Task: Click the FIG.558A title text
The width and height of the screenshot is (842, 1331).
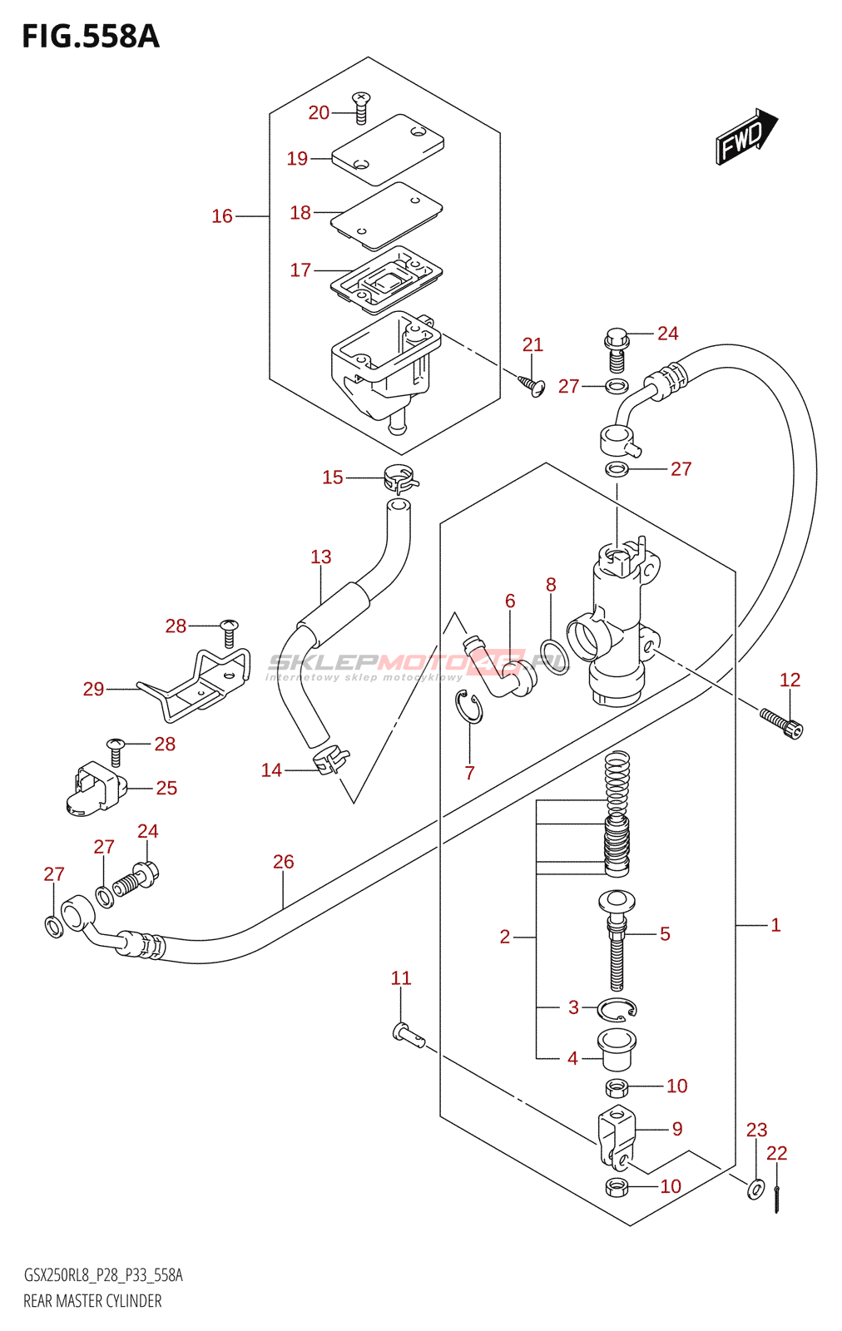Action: click(90, 37)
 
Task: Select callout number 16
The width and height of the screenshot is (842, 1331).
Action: click(221, 216)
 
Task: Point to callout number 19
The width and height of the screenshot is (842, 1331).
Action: click(297, 158)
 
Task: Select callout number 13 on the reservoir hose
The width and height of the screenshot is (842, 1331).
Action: click(320, 557)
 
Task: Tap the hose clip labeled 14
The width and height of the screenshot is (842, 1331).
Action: click(329, 760)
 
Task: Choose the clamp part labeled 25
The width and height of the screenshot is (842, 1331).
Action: click(93, 788)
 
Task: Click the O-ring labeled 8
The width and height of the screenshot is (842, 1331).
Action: click(554, 656)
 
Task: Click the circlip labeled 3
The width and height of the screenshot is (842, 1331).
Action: click(617, 1009)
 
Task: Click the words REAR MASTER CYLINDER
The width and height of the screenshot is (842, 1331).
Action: click(92, 1301)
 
